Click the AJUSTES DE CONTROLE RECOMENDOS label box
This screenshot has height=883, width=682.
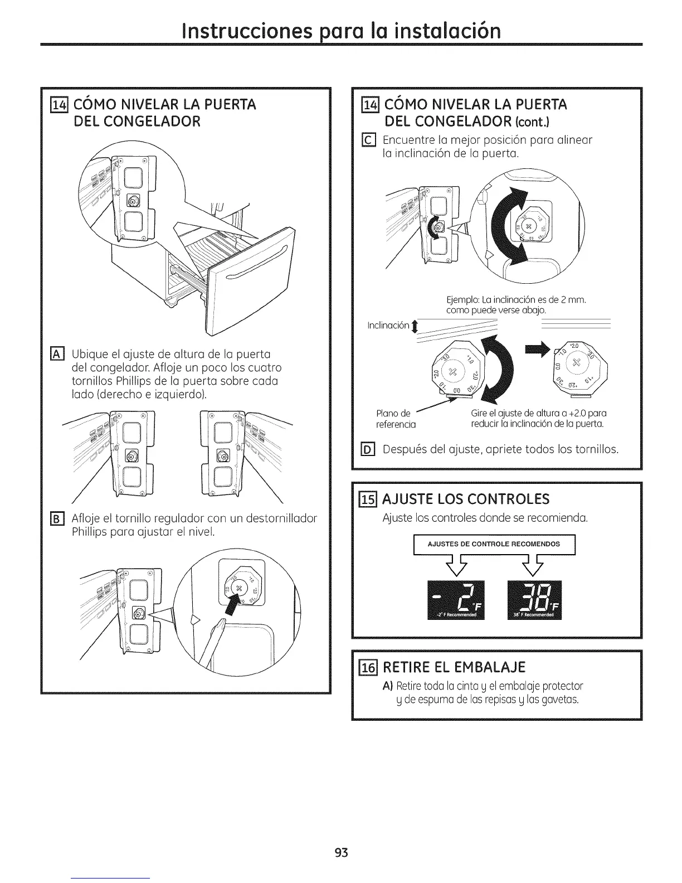(493, 544)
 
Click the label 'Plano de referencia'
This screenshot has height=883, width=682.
(396, 419)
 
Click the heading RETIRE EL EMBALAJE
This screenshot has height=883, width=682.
(454, 667)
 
